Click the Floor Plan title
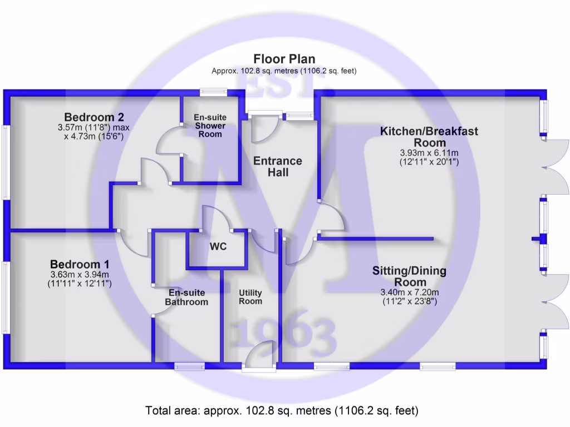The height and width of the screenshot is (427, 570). (x=284, y=59)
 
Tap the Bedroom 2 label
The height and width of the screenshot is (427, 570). (x=94, y=117)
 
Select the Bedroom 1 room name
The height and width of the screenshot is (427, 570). (x=80, y=264)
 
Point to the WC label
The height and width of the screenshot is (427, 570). (x=218, y=247)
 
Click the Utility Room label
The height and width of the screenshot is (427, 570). (x=250, y=297)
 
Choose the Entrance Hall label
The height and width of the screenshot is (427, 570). (x=278, y=167)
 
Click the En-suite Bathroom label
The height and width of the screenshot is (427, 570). (x=187, y=297)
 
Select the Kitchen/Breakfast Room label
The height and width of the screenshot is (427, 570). (x=429, y=137)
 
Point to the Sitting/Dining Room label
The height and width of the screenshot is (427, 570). (x=409, y=276)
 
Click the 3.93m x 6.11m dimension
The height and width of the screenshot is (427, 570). (x=429, y=153)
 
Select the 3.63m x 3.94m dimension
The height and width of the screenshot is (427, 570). (x=80, y=275)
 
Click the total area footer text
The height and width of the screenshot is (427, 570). (x=282, y=411)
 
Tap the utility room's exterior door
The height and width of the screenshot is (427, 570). (x=259, y=356)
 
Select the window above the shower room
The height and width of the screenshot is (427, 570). (x=214, y=93)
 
